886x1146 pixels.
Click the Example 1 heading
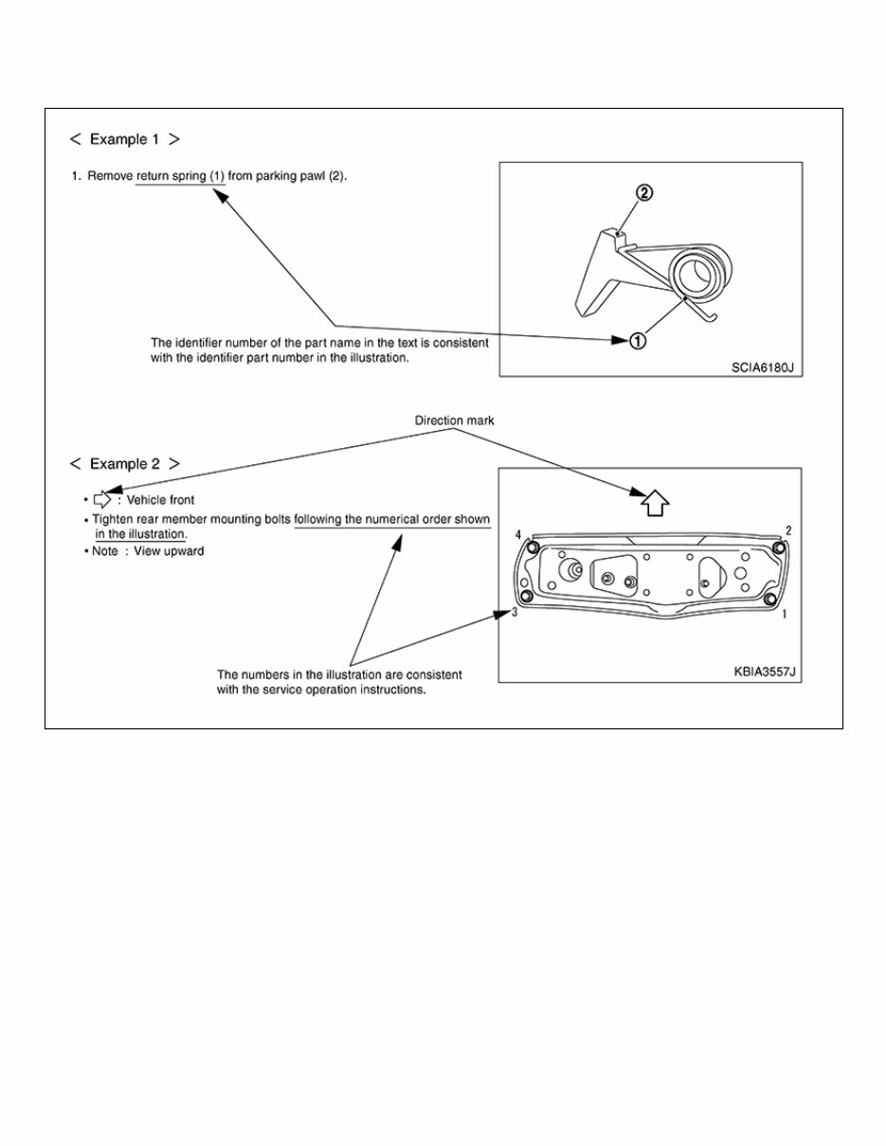[x=124, y=139]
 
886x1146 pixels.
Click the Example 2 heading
[x=124, y=464]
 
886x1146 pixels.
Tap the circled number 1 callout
[x=638, y=341]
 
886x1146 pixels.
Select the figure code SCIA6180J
[x=767, y=366]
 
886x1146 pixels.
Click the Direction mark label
[x=454, y=420]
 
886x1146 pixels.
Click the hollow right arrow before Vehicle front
[x=102, y=499]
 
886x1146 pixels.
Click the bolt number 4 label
[x=518, y=536]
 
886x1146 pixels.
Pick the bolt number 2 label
[x=788, y=530]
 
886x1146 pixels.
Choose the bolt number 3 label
[x=514, y=613]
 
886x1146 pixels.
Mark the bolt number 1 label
[x=785, y=615]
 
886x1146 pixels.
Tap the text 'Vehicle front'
[x=160, y=500]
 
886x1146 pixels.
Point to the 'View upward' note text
[x=171, y=551]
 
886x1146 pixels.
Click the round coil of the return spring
[x=699, y=275]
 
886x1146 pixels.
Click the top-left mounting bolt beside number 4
[x=533, y=548]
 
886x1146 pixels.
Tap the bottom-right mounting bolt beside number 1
[x=768, y=600]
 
